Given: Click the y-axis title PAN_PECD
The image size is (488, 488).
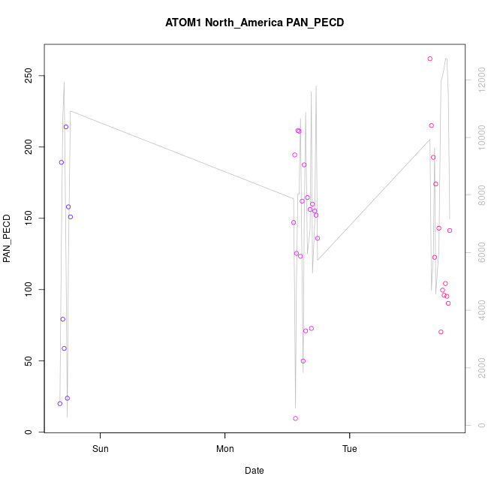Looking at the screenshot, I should pyautogui.click(x=8, y=239).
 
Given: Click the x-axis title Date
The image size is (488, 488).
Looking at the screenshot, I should pyautogui.click(x=255, y=471).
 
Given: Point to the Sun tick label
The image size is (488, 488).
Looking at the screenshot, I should pyautogui.click(x=100, y=450).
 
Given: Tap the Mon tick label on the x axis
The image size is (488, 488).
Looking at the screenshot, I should pyautogui.click(x=225, y=450).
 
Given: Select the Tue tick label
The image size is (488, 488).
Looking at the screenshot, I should pyautogui.click(x=350, y=450).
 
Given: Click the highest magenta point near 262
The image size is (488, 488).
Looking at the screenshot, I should pyautogui.click(x=430, y=59).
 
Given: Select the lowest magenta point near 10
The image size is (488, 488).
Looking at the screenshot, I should pyautogui.click(x=296, y=418).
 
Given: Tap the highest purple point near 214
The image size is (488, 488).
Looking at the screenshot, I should pyautogui.click(x=66, y=127).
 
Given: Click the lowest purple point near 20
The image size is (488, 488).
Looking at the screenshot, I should pyautogui.click(x=60, y=403).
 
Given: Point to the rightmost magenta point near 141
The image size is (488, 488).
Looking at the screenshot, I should pyautogui.click(x=450, y=230).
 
